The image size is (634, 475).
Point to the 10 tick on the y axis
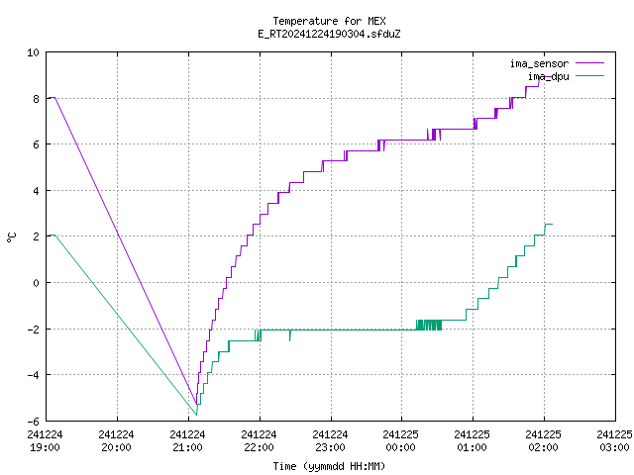pos(34,52)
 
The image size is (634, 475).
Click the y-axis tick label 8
pos(36,98)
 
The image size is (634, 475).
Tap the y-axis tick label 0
pos(36,283)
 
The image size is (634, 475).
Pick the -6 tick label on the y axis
pos(34,421)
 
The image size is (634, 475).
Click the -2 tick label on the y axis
pos(34,329)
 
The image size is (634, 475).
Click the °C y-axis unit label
pos(12,237)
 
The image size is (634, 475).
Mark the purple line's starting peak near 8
pos(53,97)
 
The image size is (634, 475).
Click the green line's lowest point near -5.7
pos(196,414)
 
